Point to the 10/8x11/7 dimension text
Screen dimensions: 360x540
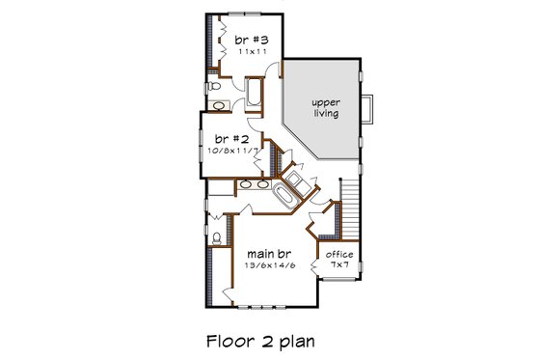(x=230, y=151)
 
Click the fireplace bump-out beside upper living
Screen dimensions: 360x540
(x=367, y=109)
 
